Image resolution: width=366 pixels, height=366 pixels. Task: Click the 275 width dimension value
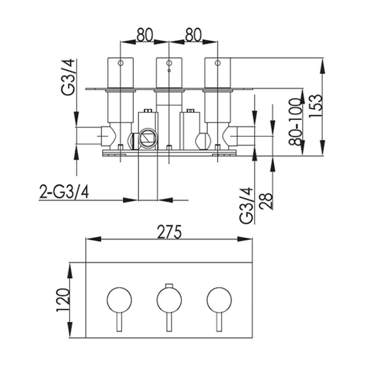[169, 232]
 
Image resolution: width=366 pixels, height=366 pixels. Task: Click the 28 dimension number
[266, 201]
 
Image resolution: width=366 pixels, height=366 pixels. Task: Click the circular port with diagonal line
[147, 139]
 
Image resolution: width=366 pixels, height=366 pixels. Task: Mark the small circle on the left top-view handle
[120, 63]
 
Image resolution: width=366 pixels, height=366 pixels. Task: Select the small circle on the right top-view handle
[217, 63]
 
